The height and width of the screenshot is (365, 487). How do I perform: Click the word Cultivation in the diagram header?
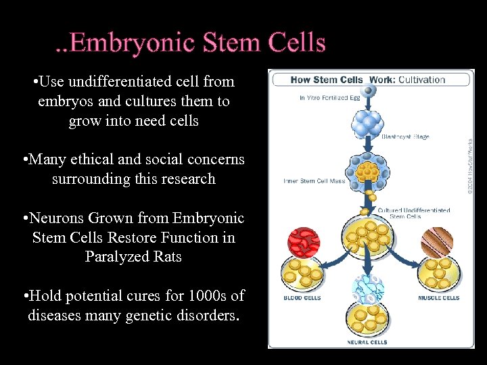[421, 80]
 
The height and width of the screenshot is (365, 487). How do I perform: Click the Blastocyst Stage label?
[404, 137]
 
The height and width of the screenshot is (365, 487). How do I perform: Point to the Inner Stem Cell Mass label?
[314, 181]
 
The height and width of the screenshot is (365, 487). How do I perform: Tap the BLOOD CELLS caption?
[302, 298]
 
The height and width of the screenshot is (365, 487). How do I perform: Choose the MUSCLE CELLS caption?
[438, 298]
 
